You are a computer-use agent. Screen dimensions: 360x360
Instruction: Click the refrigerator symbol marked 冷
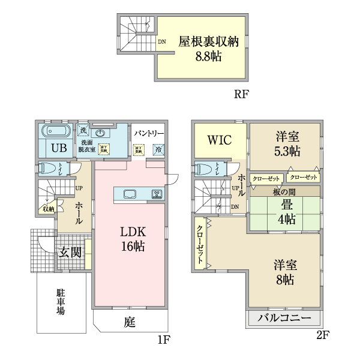(x=158, y=149)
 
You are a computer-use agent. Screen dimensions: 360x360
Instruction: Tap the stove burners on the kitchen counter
(x=157, y=194)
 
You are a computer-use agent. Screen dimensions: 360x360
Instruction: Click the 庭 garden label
(x=130, y=322)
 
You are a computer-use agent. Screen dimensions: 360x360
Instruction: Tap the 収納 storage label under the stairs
(x=47, y=209)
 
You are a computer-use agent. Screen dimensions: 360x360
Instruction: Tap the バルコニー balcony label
(x=284, y=318)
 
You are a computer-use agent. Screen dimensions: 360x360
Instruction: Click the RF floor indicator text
(x=241, y=94)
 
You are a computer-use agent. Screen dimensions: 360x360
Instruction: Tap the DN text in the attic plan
(x=162, y=42)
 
